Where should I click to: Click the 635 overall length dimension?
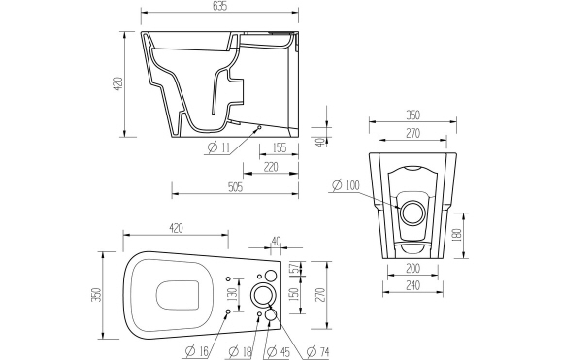click(x=218, y=7)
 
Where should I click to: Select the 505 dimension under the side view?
click(x=233, y=187)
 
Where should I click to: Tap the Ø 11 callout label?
click(x=217, y=148)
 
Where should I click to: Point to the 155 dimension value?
click(x=280, y=148)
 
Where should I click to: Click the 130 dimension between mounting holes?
click(x=232, y=294)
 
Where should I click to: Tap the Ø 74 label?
click(x=317, y=350)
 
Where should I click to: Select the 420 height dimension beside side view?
click(x=118, y=84)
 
